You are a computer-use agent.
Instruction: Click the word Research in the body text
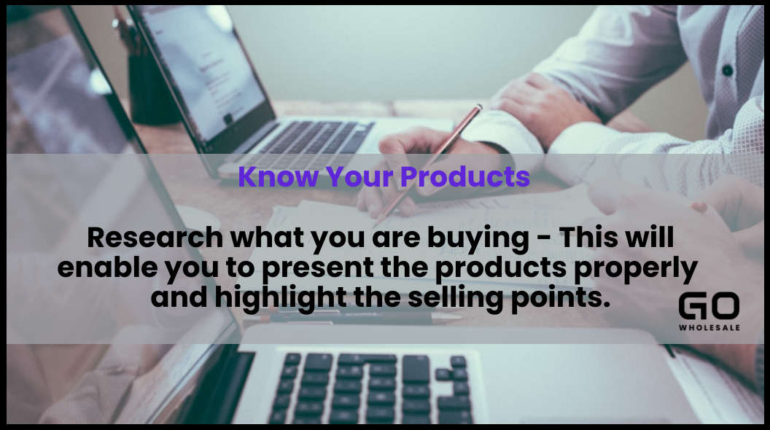(x=155, y=238)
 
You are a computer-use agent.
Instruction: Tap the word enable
(x=107, y=267)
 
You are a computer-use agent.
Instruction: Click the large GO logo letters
(x=709, y=306)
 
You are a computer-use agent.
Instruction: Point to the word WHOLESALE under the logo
(x=709, y=327)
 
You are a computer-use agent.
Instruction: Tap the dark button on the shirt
(x=727, y=71)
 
